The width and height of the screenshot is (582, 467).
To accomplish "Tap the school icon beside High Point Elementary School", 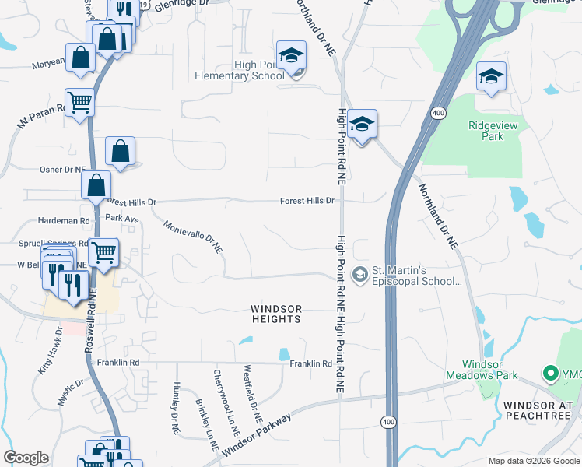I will coord(292,56).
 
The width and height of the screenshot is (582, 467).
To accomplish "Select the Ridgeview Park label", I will coord(486,131).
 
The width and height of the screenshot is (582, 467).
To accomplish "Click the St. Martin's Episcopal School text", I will coord(416,276).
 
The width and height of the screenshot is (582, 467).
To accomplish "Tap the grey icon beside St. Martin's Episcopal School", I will coord(360,273).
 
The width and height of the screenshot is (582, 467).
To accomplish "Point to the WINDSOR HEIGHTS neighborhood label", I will coord(275,314).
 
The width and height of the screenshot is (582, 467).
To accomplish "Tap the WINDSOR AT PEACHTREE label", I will coord(537,410).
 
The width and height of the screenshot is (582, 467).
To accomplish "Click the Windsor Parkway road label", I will coord(256,436).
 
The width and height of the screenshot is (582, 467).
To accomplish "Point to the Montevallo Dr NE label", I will coord(193,237).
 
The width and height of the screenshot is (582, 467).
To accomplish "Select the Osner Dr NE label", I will coord(62,169).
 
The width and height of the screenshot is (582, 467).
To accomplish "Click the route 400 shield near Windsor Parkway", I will coord(387,421).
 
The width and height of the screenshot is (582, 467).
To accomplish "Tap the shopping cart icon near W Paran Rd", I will coord(79,101).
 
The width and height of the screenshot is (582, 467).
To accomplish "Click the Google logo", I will coord(26,458).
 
